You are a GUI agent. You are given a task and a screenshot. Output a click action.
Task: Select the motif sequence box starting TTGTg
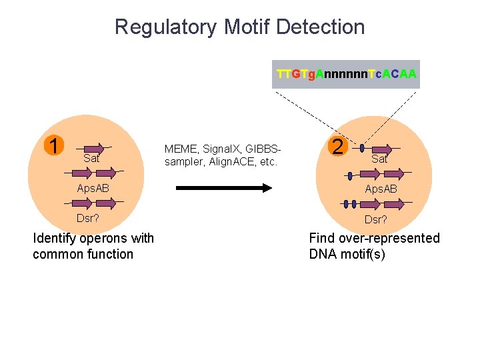347,75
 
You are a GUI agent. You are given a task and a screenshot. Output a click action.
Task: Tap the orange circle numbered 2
338,146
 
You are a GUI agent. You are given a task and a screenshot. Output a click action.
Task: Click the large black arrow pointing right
223,188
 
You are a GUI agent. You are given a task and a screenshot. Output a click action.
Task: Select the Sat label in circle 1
91,159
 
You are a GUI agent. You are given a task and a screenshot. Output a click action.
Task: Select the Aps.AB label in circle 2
381,189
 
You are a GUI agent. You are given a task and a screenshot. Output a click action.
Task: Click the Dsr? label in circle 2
375,219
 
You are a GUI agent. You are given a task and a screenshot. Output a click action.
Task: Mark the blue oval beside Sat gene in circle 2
362,148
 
